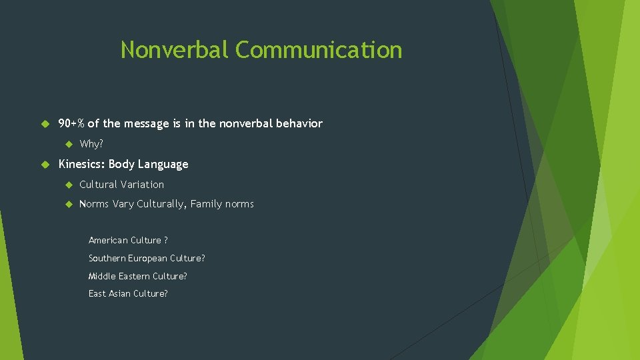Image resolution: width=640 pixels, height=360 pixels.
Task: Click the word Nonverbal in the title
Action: (175, 50)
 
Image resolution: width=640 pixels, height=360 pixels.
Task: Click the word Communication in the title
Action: (319, 50)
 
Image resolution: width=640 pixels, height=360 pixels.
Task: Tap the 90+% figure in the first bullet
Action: (71, 123)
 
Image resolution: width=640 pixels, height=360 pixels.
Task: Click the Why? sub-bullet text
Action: (91, 144)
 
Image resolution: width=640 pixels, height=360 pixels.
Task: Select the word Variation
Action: (141, 185)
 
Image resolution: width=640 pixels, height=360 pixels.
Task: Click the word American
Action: (107, 240)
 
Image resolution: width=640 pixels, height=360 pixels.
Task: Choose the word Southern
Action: (107, 258)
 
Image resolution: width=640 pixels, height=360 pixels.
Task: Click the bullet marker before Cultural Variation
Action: (68, 185)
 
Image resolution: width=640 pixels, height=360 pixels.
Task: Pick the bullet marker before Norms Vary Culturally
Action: (68, 204)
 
